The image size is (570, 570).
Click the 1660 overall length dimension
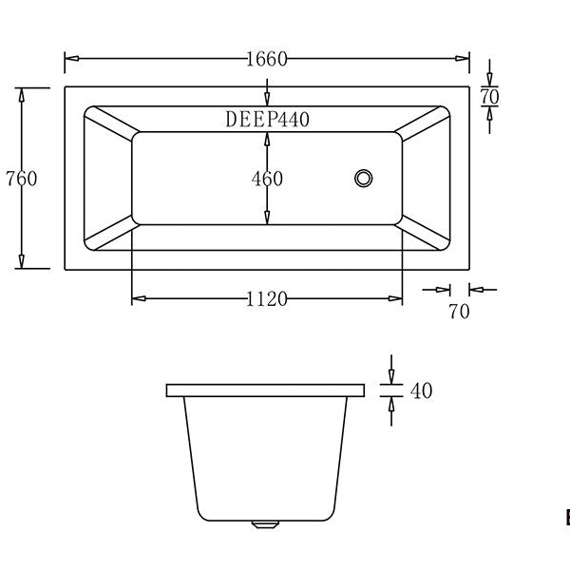[267, 59]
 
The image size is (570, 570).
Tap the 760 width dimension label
[22, 179]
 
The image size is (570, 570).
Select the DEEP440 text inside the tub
[267, 120]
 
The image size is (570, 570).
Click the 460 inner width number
[267, 179]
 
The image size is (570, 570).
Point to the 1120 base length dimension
[267, 299]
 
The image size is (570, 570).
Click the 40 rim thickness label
[421, 390]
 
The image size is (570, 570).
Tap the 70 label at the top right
[489, 97]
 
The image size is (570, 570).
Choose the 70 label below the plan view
[459, 312]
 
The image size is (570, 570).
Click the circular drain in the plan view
[364, 179]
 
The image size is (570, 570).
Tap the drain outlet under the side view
[265, 523]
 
